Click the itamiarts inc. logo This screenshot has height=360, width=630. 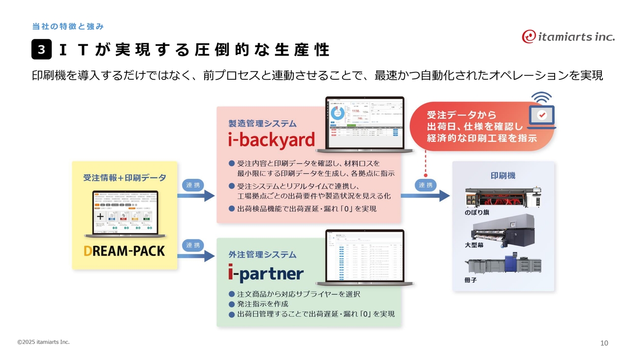(568, 36)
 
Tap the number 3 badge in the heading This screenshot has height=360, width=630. (41, 50)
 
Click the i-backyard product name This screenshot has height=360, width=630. (271, 140)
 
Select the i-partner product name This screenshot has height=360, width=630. (266, 273)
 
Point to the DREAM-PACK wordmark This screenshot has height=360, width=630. (124, 251)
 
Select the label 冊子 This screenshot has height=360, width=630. (471, 280)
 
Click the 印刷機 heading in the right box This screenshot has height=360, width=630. (503, 175)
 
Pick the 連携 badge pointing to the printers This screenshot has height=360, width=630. (425, 185)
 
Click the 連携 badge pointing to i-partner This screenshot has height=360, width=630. (193, 245)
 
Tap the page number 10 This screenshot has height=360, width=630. (604, 343)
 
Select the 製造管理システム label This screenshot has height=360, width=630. (262, 124)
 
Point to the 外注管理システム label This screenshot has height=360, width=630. (262, 255)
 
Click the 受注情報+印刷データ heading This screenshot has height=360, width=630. (125, 178)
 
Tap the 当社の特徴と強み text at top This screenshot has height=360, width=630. (67, 26)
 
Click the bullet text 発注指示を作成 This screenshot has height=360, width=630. (263, 304)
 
